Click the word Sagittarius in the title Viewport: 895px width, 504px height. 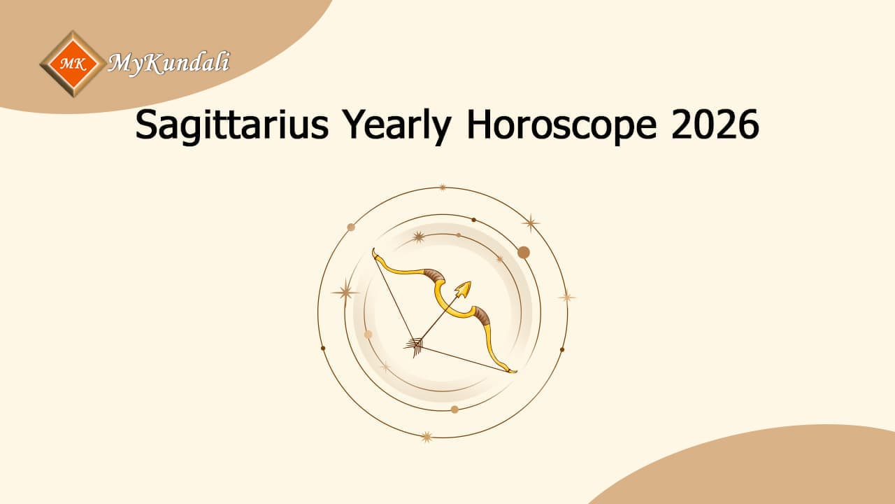[231, 126]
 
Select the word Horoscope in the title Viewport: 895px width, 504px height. [561, 126]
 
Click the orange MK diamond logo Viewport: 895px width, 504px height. [73, 64]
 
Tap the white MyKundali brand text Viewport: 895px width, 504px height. [169, 64]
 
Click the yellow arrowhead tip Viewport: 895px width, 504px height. [464, 288]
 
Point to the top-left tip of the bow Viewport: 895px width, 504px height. [375, 251]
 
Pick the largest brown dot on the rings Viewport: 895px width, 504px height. [523, 252]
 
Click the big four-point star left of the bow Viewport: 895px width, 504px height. [345, 291]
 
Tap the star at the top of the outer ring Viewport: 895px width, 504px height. [442, 188]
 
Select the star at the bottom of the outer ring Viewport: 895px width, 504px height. [426, 437]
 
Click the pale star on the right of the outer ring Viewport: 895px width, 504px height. [566, 297]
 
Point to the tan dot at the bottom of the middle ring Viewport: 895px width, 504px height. [454, 409]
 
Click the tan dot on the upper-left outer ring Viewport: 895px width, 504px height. [351, 227]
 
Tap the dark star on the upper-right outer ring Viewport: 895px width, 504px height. [531, 223]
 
